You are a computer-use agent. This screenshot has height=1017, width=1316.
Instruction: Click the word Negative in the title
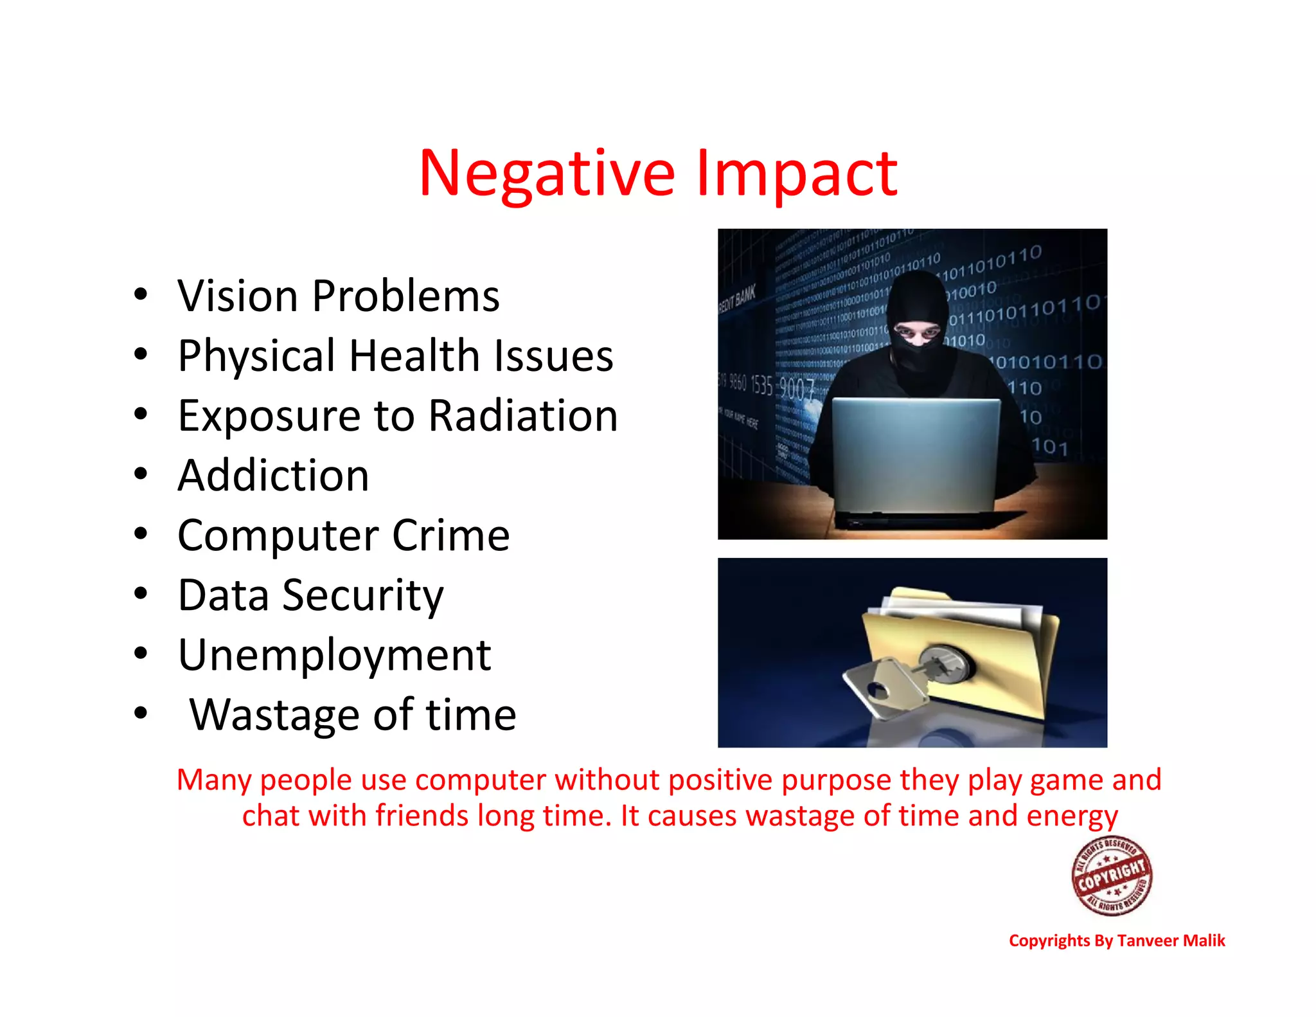pyautogui.click(x=547, y=174)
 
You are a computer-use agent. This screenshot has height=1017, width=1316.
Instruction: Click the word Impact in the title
pyautogui.click(x=796, y=174)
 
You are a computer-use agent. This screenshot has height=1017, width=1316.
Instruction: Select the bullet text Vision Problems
pyautogui.click(x=339, y=296)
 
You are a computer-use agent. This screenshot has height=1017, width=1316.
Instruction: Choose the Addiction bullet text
pyautogui.click(x=273, y=476)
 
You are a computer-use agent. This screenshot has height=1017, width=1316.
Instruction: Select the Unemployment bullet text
pyautogui.click(x=334, y=655)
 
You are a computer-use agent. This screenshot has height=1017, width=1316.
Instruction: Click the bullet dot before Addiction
pyautogui.click(x=141, y=474)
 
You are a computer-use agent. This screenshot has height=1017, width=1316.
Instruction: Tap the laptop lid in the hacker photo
pyautogui.click(x=916, y=453)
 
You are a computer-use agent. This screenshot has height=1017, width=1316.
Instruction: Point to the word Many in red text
pyautogui.click(x=214, y=780)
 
